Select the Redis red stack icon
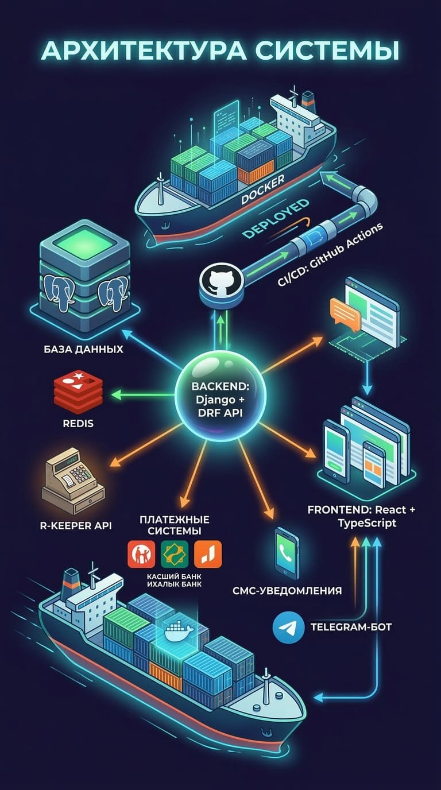click(78, 393)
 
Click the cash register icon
click(73, 480)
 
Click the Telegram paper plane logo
click(287, 627)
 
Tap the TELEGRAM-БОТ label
click(350, 627)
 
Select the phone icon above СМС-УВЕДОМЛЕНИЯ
click(287, 550)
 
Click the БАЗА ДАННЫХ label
click(83, 348)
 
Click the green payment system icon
click(174, 554)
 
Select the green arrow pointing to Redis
click(144, 394)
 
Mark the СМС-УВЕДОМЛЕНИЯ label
click(287, 590)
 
